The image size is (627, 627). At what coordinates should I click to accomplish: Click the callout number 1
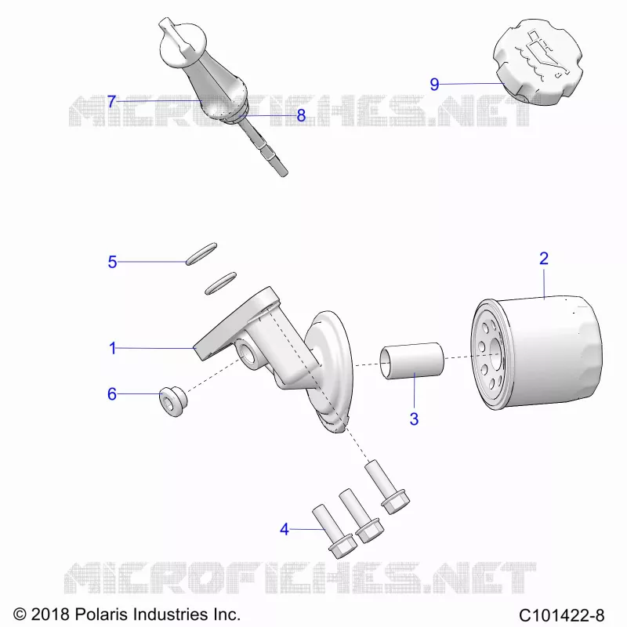[113, 348]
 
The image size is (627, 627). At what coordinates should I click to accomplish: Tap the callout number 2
[543, 259]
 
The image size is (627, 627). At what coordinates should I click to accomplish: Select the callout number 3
[414, 419]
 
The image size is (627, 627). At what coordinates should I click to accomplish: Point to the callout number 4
[285, 530]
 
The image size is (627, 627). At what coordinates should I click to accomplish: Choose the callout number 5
[112, 263]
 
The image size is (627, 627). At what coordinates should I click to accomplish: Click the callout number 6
[112, 394]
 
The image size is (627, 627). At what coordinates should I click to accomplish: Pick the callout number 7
[111, 102]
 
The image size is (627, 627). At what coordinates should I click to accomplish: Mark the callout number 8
[301, 115]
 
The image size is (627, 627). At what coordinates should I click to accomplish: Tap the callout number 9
[434, 85]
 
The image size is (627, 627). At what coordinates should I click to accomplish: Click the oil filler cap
[538, 61]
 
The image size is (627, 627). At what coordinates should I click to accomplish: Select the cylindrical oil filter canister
[536, 353]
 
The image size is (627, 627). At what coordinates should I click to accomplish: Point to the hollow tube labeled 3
[412, 360]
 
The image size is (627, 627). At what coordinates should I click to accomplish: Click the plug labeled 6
[173, 401]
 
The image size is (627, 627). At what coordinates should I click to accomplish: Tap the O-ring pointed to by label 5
[201, 253]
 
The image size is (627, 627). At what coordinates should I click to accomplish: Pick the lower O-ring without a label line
[220, 283]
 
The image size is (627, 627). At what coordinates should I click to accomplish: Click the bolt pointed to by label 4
[334, 531]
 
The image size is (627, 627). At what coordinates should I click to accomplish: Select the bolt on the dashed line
[387, 487]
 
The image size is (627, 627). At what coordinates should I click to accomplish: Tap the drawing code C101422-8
[561, 614]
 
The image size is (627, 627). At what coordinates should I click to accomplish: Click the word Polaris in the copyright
[101, 614]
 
